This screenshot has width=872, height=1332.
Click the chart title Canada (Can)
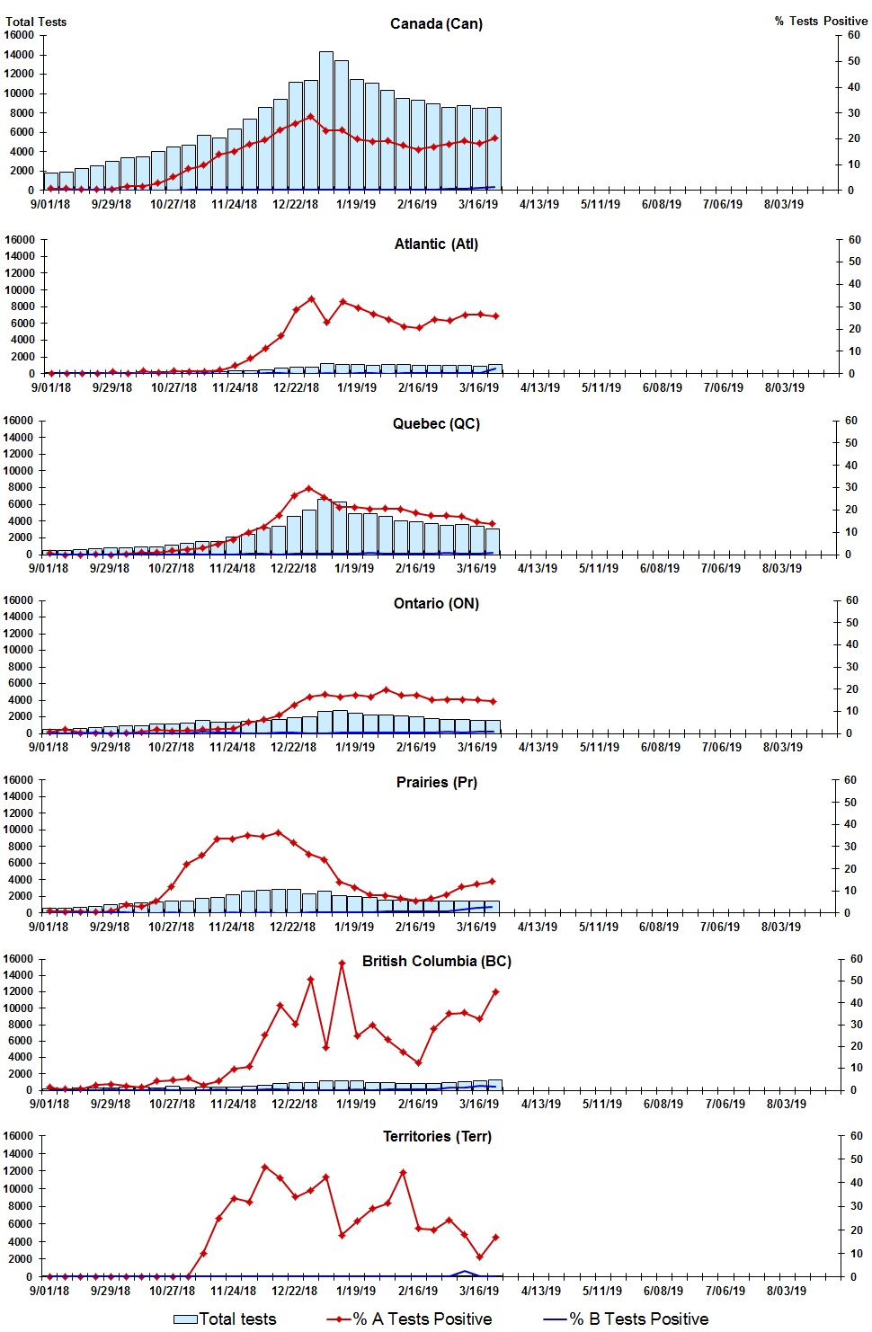click(x=436, y=23)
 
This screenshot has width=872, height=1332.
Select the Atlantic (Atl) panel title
click(x=436, y=244)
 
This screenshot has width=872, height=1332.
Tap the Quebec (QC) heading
click(x=436, y=423)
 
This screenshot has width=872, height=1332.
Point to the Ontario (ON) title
click(x=436, y=603)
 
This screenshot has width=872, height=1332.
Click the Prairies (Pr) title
click(x=436, y=782)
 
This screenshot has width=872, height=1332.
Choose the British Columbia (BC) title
click(x=436, y=961)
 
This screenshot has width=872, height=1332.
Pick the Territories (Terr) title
click(x=437, y=1136)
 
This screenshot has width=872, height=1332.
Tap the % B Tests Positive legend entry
click(x=627, y=1319)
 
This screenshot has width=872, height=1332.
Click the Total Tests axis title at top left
click(x=36, y=22)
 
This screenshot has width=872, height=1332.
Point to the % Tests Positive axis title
click(x=821, y=21)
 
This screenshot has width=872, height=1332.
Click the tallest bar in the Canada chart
click(x=326, y=120)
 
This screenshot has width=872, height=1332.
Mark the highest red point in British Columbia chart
click(x=342, y=963)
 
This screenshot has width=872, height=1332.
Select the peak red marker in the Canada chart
click(x=311, y=116)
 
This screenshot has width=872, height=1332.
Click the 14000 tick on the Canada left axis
click(x=19, y=55)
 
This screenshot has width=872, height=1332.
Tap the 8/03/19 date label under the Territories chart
click(x=786, y=1291)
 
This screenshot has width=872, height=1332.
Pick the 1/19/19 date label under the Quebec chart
click(x=354, y=568)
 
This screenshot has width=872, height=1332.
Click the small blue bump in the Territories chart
click(x=465, y=1272)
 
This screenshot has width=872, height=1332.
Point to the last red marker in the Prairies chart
click(x=492, y=881)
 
